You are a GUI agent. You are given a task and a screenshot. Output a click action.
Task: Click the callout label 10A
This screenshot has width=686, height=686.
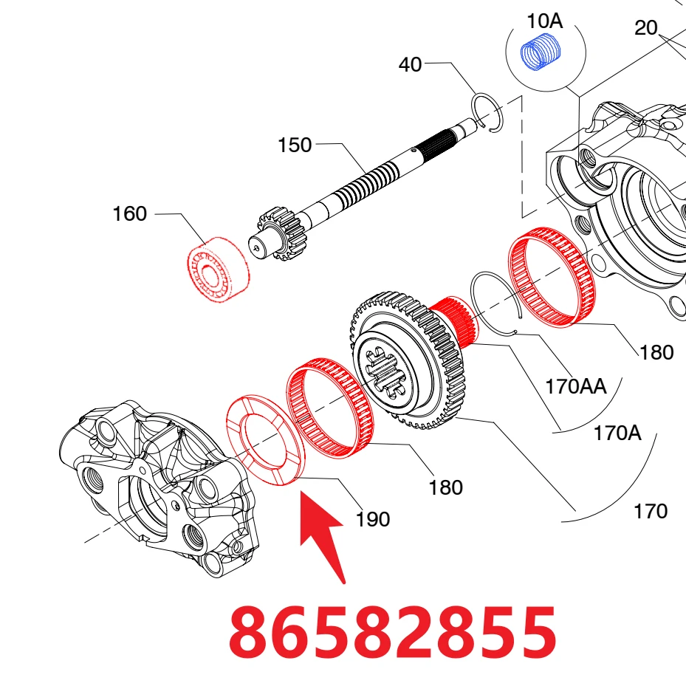point(545,21)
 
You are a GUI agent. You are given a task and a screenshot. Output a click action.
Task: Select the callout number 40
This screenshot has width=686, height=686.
point(410,65)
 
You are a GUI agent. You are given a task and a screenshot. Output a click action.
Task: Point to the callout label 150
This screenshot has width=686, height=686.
point(295,145)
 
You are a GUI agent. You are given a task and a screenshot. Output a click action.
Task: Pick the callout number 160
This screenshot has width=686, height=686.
point(129,214)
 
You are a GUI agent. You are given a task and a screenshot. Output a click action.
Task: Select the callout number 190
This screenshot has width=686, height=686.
point(373,520)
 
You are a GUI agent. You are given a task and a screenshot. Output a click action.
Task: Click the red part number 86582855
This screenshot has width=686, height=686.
point(392,632)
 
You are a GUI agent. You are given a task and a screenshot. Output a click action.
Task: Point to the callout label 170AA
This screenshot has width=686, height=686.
point(576,387)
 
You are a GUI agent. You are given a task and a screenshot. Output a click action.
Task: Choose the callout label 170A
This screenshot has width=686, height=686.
point(617,433)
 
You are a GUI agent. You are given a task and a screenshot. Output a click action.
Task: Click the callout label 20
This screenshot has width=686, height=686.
point(645,28)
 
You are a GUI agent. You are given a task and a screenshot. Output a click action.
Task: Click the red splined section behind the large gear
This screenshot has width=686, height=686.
point(455,320)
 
